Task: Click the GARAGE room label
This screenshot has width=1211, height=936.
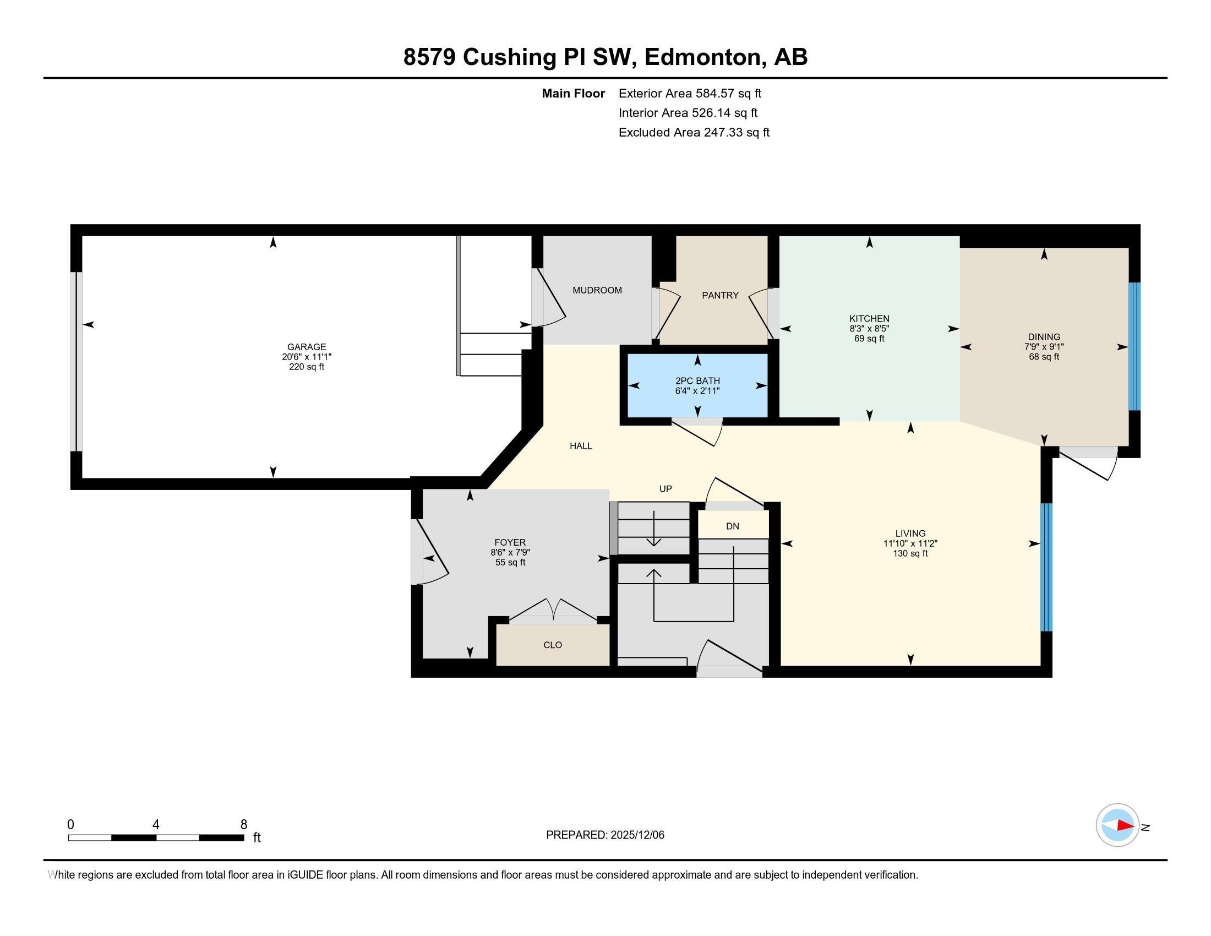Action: coord(306,347)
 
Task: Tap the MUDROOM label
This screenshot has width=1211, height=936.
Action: coord(597,290)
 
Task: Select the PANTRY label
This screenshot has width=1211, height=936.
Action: coord(720,296)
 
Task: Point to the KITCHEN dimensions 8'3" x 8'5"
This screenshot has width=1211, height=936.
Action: coord(869,329)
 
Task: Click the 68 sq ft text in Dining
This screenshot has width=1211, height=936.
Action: coord(1044,357)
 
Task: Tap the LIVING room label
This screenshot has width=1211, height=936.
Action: coord(910,534)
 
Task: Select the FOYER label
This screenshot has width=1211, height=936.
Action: coord(510,542)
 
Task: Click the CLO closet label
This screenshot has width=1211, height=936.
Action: coord(552,645)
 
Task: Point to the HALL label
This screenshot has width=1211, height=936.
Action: coord(581,446)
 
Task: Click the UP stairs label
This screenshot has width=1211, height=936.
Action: coord(665,489)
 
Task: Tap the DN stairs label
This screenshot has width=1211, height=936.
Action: coord(732,526)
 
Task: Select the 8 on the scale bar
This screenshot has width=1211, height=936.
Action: coord(243,825)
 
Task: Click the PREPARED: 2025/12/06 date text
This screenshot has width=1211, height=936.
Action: coord(604,835)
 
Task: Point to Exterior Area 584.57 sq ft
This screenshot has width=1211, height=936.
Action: coord(689,94)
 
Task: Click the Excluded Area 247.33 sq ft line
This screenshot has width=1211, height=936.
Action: coord(694,133)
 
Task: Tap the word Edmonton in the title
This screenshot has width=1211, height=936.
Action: coord(702,57)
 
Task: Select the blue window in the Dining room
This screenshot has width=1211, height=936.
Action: coord(1134,346)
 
